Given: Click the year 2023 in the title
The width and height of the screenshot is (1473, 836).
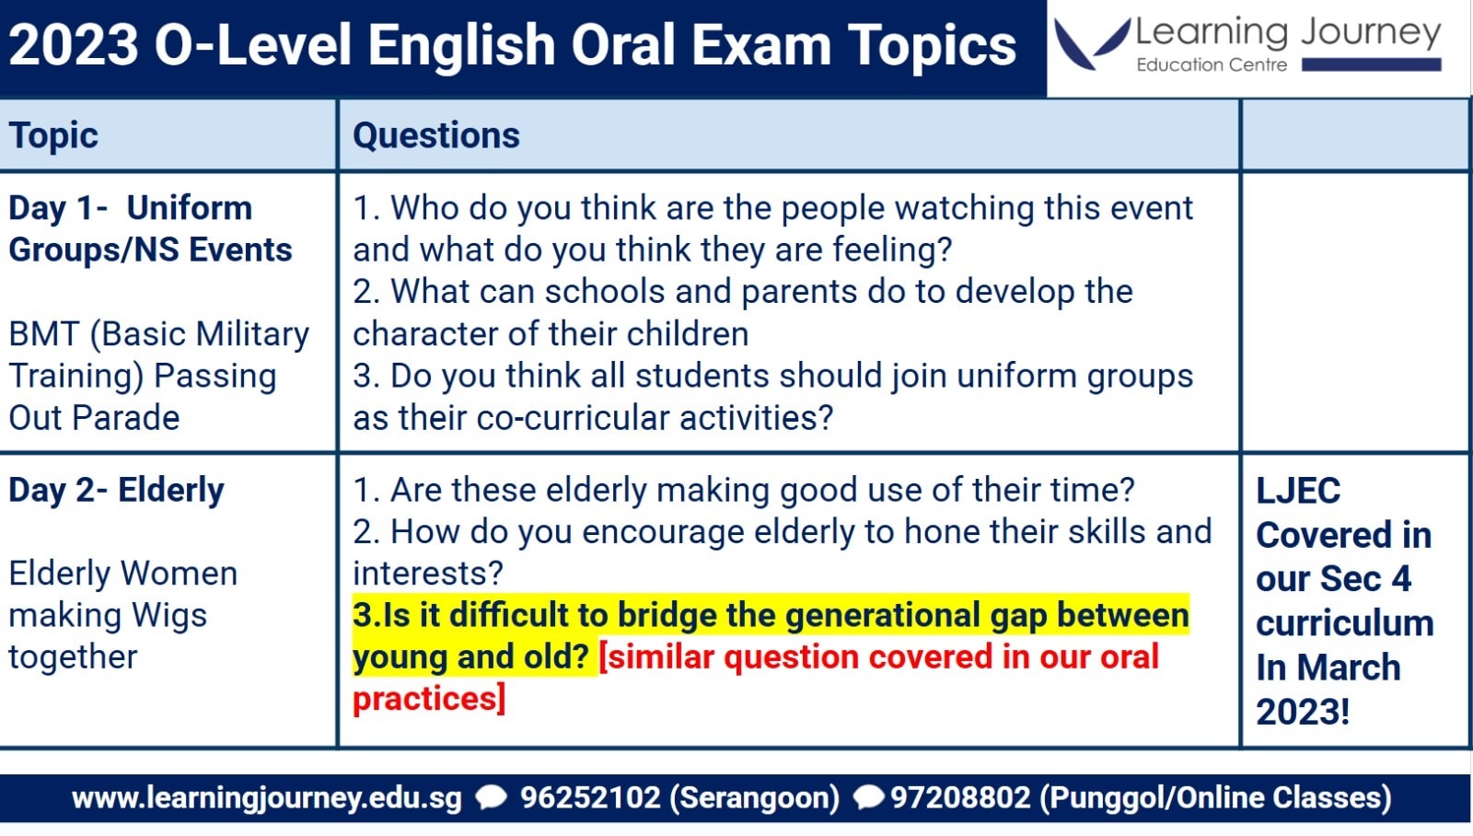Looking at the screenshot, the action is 73,45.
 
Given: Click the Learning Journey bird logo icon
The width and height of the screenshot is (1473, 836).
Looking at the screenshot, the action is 1091,43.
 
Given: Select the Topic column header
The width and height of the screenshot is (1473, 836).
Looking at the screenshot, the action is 53,136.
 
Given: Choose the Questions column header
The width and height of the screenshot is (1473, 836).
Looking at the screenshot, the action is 436,136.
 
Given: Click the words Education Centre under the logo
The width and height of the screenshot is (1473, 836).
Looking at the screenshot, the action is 1212,65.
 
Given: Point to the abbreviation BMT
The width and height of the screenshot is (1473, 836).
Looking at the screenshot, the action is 43,334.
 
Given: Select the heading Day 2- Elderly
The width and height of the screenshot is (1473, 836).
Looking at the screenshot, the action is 116,491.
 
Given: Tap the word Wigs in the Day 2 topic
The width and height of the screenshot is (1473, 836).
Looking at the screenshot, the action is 169,616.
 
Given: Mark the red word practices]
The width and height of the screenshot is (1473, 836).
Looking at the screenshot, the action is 429,699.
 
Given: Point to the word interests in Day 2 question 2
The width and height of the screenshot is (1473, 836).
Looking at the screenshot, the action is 428,574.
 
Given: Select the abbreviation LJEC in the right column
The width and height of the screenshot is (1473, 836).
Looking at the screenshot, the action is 1298,491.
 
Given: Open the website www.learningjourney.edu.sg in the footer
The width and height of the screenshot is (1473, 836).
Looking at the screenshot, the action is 266,798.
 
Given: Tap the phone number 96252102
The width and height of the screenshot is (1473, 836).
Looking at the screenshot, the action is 590,798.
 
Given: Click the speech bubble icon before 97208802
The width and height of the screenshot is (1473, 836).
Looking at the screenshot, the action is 868,798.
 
